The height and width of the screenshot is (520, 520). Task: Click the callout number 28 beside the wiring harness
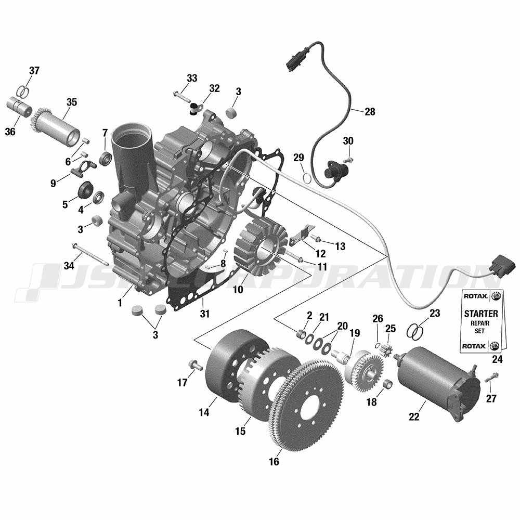coord(370,112)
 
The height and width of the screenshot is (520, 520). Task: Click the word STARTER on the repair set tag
coord(481,314)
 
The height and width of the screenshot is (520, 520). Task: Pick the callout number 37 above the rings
coord(34,71)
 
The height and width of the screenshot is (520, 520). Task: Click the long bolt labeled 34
coord(89,255)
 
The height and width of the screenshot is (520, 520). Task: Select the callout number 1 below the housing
coord(120,303)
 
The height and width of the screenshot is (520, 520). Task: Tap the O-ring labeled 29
coord(307,178)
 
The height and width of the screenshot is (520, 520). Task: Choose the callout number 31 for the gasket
coord(204,314)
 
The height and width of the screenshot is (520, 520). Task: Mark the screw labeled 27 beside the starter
coord(491,378)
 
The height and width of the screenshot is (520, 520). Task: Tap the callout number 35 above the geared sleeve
coord(71,102)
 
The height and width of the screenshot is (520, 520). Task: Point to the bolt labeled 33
coord(180,96)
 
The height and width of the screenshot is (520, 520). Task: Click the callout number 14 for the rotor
coord(204,412)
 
